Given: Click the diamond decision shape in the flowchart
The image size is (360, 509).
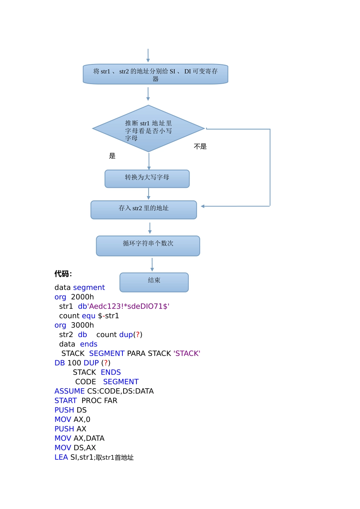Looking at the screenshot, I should coord(149,129).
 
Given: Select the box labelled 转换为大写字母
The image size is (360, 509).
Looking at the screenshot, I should coord(147,179).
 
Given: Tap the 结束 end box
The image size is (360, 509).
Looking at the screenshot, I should coord(154,282).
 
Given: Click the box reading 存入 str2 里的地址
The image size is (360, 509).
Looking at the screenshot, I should coord(144,210).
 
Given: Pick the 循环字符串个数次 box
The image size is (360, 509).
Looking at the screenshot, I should coord(148,246).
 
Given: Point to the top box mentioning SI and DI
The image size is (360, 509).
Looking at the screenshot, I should coord(155,74).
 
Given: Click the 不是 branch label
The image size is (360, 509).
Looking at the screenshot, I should coord(200,147).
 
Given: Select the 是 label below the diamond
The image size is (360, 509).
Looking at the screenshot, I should coord(112,156).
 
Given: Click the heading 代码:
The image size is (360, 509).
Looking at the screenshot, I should coord(63,274).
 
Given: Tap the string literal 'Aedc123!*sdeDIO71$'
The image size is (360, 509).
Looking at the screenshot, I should coord(129,306).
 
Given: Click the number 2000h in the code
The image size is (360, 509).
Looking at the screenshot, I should coord(82,297).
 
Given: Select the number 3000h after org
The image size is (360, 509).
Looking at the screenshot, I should coord(82,325).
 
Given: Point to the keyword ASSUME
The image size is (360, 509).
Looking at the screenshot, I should coord(69,391).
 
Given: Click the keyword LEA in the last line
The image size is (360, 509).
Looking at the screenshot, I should coord(61,457).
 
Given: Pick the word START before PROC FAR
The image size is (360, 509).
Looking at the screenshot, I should coord(66,401).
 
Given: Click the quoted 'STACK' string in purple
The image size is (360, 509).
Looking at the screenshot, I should coord(186,353).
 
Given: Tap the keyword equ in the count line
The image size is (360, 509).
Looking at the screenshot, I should coord(88,316).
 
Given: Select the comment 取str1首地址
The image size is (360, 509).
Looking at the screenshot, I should coord(114,457).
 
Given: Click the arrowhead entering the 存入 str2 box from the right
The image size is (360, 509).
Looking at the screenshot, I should coord(203,206).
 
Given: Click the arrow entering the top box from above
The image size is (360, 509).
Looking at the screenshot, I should coord(148,56).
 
